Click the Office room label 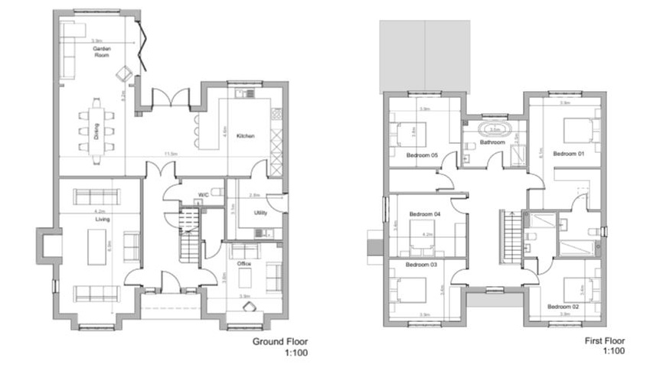[x=244, y=264]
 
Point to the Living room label [x=103, y=220]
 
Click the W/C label [x=204, y=195]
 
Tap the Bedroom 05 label [x=422, y=155]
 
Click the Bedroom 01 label [x=569, y=154]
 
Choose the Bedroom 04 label [x=425, y=213]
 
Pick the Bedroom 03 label [x=422, y=265]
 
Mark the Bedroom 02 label [x=563, y=306]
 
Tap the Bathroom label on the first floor [x=492, y=142]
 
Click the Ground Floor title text [x=280, y=341]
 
